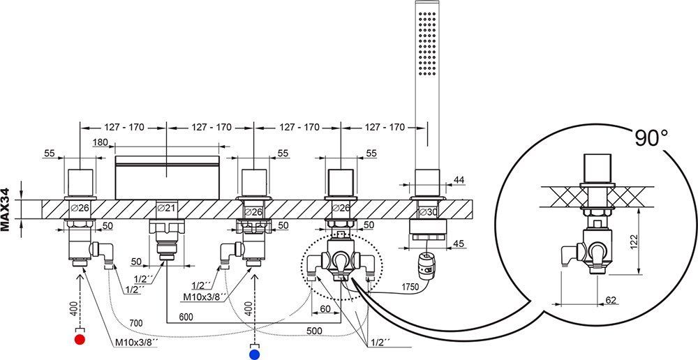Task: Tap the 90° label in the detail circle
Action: click(655, 138)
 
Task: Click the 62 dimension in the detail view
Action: click(612, 300)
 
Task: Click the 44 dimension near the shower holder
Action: click(459, 181)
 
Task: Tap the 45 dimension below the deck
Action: click(459, 243)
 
